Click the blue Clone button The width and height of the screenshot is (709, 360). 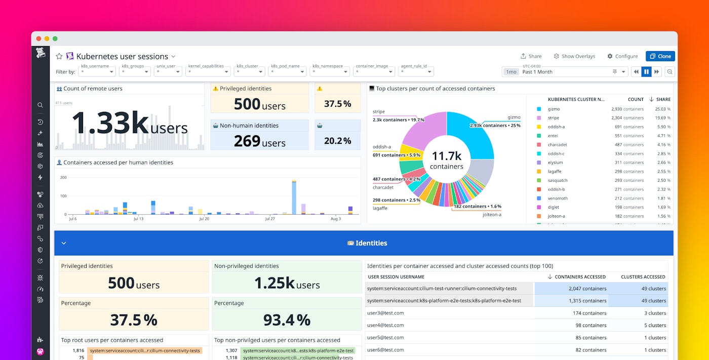coord(660,56)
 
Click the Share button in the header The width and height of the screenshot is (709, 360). coord(531,56)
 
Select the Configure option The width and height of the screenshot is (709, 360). coord(622,56)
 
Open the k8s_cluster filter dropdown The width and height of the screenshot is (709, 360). coord(250,72)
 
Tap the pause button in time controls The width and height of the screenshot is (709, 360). coord(646,72)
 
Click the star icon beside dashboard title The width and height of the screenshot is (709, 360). coord(59,56)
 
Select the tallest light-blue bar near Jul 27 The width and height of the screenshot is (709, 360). coord(294,197)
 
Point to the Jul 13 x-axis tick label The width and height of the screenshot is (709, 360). coord(138,219)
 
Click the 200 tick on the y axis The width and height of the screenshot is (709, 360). coord(63,177)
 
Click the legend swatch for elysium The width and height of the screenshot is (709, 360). coord(539,163)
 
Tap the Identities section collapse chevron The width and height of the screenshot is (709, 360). coord(64,243)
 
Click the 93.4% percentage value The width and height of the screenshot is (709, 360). coord(287,320)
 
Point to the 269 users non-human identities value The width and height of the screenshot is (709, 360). coord(259,141)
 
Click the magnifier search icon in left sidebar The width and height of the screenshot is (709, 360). coord(40,105)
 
